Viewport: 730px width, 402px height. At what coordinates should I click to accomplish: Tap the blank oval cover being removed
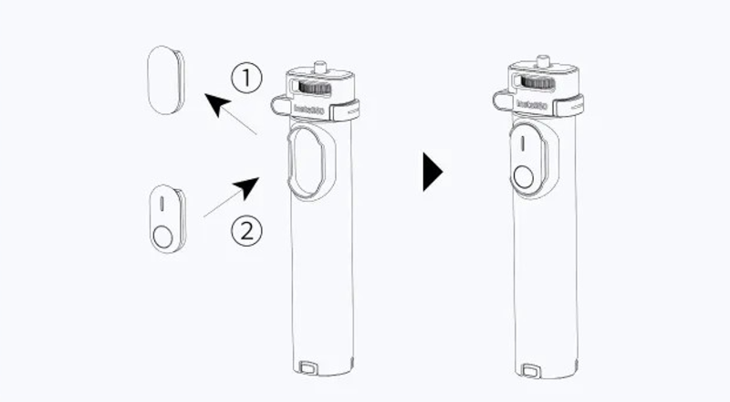click(x=165, y=81)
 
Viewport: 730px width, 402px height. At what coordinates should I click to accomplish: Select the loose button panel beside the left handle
click(x=166, y=219)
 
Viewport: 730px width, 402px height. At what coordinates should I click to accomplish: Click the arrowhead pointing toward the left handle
click(x=245, y=188)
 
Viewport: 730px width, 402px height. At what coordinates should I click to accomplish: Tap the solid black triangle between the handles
click(x=433, y=172)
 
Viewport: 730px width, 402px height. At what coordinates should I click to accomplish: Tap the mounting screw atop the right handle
click(x=539, y=66)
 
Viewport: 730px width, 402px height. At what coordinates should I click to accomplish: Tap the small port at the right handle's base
click(x=528, y=370)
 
